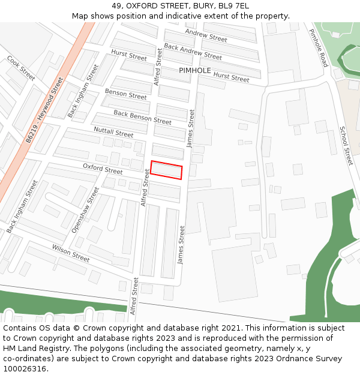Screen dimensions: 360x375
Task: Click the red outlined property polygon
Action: coord(166,170)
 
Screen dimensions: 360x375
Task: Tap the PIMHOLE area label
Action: coord(195,70)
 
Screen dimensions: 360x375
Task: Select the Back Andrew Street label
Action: coord(193,52)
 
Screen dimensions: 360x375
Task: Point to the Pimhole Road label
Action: coord(319,47)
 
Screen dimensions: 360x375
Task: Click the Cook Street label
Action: coord(21,68)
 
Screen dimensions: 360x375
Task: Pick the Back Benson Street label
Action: coord(142,117)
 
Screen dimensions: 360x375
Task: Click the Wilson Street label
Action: coord(71,253)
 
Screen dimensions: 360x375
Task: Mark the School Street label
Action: coord(346,146)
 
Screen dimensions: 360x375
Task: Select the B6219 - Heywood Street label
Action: coord(44,110)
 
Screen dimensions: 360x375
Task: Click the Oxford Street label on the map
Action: coord(103,170)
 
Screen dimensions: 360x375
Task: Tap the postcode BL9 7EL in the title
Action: coord(234,6)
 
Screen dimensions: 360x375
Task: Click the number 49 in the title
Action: coord(116,6)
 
